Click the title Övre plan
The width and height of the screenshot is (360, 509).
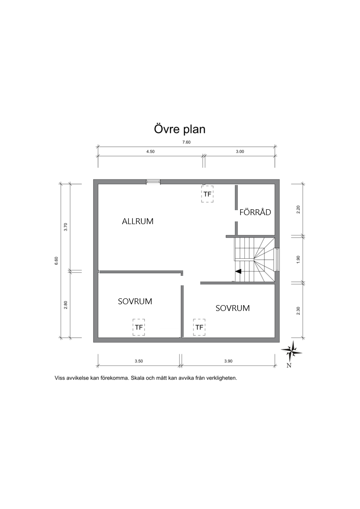[180, 129]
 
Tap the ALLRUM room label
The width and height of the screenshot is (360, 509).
[138, 221]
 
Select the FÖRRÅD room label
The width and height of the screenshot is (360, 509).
[255, 212]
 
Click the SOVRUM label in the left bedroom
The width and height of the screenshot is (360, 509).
[135, 301]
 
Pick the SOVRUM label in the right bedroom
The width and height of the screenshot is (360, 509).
[233, 308]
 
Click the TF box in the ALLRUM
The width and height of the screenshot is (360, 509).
[207, 194]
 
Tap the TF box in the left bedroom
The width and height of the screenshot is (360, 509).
[139, 327]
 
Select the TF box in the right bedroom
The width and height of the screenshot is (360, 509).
[199, 327]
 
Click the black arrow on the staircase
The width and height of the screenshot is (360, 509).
[238, 271]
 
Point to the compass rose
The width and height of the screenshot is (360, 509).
[291, 351]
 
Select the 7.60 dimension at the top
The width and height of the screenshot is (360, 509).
[186, 142]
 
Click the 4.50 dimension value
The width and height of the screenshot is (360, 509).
[150, 152]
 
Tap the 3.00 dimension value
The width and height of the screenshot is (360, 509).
[240, 152]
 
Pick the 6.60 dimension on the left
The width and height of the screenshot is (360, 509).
[56, 261]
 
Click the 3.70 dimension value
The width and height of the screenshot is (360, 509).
[66, 227]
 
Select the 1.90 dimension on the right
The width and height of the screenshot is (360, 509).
[298, 259]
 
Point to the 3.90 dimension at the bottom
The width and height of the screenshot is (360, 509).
[228, 361]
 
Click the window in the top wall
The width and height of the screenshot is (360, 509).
[153, 182]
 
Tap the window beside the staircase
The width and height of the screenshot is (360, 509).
[277, 259]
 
